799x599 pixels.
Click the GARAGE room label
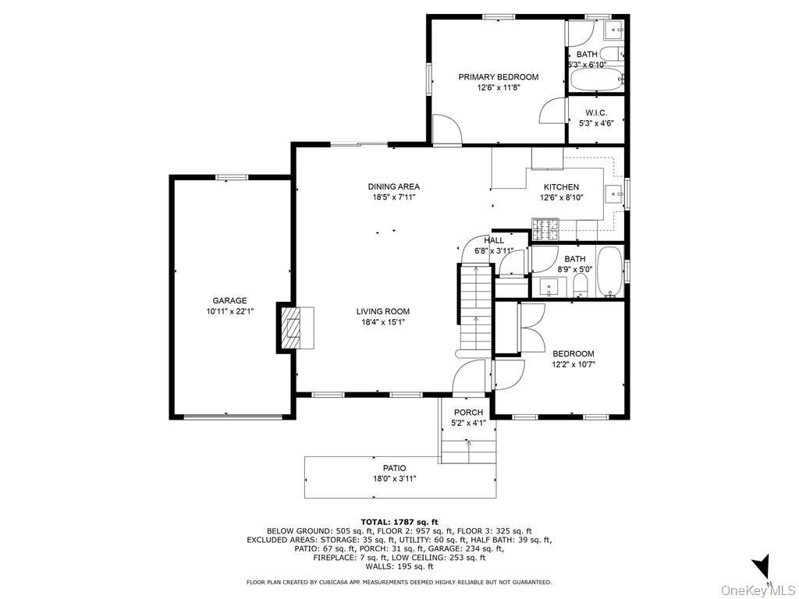(229, 300)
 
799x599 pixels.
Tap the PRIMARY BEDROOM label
(499, 77)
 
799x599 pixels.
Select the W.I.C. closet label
(596, 112)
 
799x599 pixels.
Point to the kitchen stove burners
(545, 229)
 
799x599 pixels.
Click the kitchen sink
(613, 193)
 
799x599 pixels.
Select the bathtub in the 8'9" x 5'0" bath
(609, 272)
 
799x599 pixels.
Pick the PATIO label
(395, 468)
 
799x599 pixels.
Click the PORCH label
(468, 412)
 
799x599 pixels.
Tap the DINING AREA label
(394, 186)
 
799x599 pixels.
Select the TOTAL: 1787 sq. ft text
(399, 522)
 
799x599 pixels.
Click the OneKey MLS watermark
(758, 590)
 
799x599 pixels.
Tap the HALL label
(494, 240)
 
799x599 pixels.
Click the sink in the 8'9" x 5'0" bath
(549, 287)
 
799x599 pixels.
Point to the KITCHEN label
(561, 187)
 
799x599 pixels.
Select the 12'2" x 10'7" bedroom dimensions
(574, 364)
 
